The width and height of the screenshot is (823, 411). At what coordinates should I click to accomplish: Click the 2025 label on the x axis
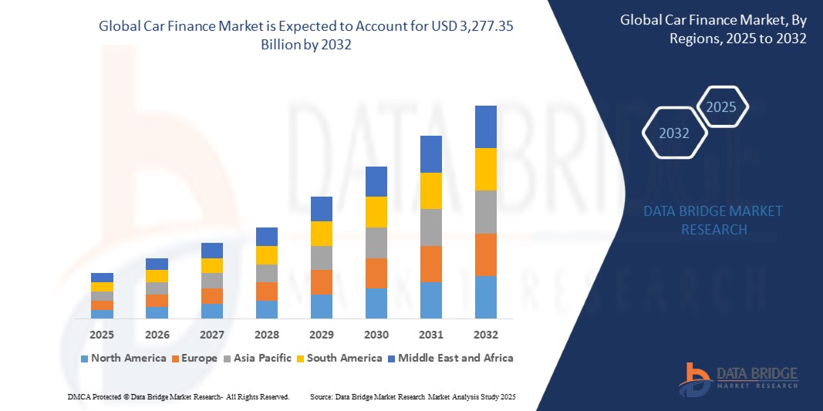pyautogui.click(x=102, y=335)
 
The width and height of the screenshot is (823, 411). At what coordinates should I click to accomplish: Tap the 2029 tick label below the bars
pyautogui.click(x=322, y=335)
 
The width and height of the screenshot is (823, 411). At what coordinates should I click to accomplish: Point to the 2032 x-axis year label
pyautogui.click(x=486, y=335)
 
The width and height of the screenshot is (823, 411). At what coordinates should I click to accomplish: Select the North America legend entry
pyautogui.click(x=123, y=358)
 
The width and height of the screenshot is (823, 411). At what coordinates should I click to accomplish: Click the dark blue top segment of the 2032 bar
pyautogui.click(x=486, y=126)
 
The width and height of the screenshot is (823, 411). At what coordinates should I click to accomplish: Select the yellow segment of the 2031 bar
pyautogui.click(x=431, y=190)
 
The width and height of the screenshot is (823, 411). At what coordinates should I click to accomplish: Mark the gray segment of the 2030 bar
pyautogui.click(x=376, y=242)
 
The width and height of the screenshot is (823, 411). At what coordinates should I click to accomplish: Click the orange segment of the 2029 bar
pyautogui.click(x=322, y=281)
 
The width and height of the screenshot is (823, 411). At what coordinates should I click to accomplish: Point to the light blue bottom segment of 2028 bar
pyautogui.click(x=267, y=309)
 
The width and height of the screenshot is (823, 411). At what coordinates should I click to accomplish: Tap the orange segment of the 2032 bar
pyautogui.click(x=486, y=254)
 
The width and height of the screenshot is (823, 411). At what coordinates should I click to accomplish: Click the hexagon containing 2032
pyautogui.click(x=675, y=133)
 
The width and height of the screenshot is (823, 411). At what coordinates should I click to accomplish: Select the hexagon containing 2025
pyautogui.click(x=722, y=107)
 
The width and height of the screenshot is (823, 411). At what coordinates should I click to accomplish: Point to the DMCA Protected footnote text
pyautogui.click(x=177, y=396)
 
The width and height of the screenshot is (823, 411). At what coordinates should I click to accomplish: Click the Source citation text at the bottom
pyautogui.click(x=412, y=396)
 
